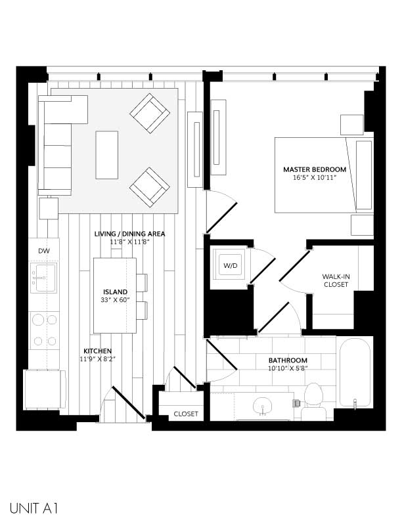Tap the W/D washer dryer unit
231,267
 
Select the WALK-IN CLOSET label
336,280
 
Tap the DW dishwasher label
44,251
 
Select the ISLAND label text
115,292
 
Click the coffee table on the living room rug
108,155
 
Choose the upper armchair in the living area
149,113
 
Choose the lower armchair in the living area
149,186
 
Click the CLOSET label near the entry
186,414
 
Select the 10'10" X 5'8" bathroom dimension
288,369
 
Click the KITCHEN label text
97,351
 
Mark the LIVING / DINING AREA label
129,234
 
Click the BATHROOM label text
288,360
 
